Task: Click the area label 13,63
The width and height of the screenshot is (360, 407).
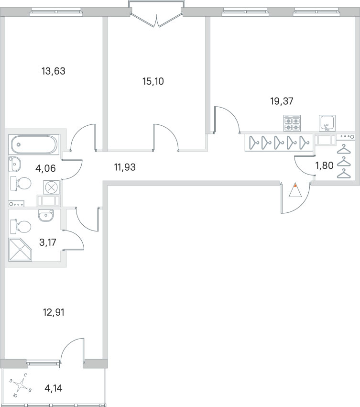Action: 54,71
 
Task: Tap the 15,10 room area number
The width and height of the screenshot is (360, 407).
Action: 153,81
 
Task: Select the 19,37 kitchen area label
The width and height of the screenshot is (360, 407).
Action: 282,101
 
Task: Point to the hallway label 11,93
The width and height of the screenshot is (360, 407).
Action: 125,167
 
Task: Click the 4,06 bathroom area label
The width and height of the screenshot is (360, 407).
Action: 45,168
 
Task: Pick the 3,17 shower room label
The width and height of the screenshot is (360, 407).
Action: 47,242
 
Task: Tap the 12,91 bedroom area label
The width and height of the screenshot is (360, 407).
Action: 54,312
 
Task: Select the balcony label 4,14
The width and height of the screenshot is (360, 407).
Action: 54,388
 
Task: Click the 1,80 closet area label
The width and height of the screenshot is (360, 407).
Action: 325,165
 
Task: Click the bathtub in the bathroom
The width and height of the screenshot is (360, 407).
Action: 34,144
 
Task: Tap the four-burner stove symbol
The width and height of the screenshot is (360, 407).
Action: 292,123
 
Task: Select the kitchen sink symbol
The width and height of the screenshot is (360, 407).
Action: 327,123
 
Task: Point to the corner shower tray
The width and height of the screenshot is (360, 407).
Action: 20,250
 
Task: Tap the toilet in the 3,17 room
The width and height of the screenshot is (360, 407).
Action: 21,227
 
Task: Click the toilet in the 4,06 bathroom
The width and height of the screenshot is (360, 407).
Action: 21,184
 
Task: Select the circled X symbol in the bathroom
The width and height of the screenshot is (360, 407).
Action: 52,187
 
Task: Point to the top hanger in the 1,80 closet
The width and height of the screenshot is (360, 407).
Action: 344,150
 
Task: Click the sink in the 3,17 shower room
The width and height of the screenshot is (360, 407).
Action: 46,215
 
